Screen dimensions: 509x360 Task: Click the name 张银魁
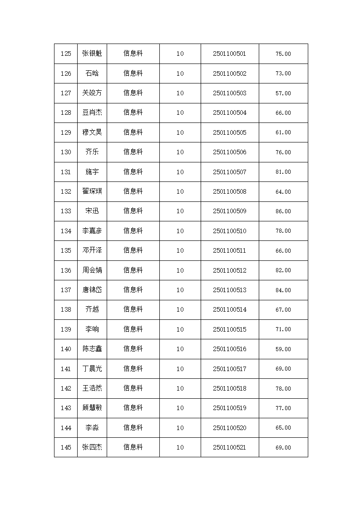92,54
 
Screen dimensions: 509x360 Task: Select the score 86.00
283,211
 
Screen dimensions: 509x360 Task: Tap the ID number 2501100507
229,172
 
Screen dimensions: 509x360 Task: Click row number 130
66,152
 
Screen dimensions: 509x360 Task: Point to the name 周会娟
92,270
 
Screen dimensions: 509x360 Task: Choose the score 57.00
283,93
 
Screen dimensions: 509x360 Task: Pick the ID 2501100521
229,447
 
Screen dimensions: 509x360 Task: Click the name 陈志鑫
92,349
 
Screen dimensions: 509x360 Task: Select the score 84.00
283,290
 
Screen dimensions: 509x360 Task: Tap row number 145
66,447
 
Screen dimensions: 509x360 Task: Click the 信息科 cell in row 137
133,290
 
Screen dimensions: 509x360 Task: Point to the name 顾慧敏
92,408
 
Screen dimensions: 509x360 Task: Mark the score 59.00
283,349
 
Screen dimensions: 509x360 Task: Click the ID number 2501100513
229,290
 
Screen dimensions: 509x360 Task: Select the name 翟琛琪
92,191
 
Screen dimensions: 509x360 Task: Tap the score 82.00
283,270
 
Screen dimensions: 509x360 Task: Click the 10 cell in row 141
180,369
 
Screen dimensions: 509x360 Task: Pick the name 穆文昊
92,132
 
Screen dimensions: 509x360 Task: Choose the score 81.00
283,172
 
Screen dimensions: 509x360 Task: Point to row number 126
66,73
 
